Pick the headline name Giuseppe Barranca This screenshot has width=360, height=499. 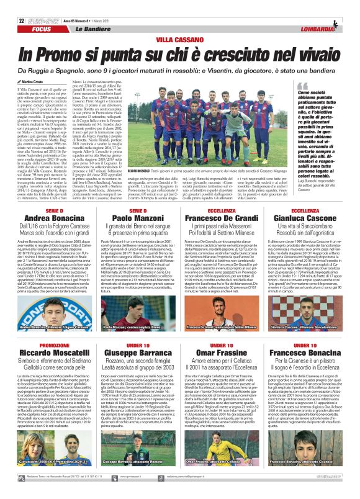[135, 354]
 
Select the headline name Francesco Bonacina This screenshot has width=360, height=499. [313, 354]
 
